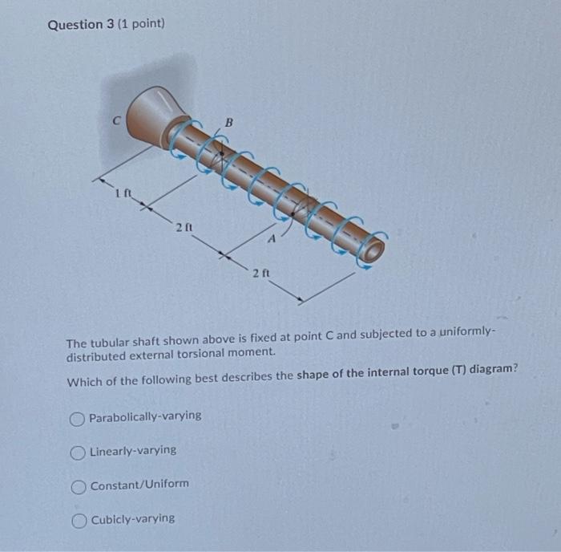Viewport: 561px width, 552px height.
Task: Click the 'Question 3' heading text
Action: (81, 24)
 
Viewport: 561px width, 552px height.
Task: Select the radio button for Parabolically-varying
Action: (77, 417)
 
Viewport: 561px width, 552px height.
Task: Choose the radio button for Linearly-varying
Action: (78, 451)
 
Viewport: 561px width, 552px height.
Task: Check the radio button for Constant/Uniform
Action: (79, 485)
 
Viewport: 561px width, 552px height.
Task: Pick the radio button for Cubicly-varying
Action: (79, 519)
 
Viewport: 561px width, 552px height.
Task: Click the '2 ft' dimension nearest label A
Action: (260, 274)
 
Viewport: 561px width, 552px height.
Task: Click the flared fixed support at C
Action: (156, 116)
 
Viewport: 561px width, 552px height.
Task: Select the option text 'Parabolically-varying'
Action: (145, 416)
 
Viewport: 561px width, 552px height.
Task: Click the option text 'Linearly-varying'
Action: (133, 450)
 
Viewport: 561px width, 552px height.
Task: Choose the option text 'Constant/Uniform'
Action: (139, 485)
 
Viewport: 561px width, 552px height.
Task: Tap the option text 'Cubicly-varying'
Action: (132, 518)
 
